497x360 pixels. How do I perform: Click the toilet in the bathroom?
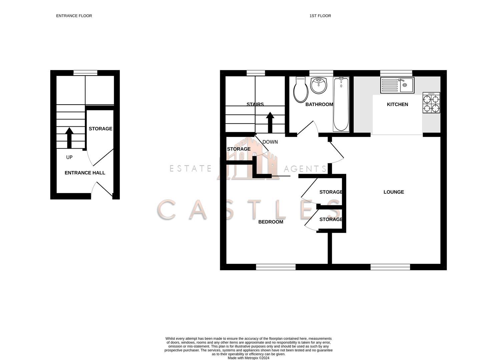(300, 90)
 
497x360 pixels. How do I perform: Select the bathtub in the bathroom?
(341, 104)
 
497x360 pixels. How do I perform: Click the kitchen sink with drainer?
(397, 85)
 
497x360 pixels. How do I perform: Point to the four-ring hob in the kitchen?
(431, 103)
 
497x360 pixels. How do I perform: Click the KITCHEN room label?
(397, 104)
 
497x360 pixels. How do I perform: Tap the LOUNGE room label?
(394, 192)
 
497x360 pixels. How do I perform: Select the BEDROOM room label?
(271, 222)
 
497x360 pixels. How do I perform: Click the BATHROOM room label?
(319, 104)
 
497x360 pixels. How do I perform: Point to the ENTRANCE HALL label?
(85, 173)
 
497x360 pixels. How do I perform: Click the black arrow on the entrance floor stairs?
(69, 138)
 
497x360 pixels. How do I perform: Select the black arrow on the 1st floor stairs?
(270, 123)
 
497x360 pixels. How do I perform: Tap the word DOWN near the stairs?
(270, 142)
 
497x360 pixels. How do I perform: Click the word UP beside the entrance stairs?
(69, 157)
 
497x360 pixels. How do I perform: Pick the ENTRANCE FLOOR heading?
(74, 16)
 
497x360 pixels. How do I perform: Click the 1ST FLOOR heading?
(320, 16)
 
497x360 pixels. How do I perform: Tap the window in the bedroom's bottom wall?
(276, 267)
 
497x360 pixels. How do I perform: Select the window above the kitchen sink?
(396, 73)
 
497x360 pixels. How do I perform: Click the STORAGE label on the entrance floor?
(100, 129)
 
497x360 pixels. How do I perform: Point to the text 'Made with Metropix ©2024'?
(248, 358)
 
